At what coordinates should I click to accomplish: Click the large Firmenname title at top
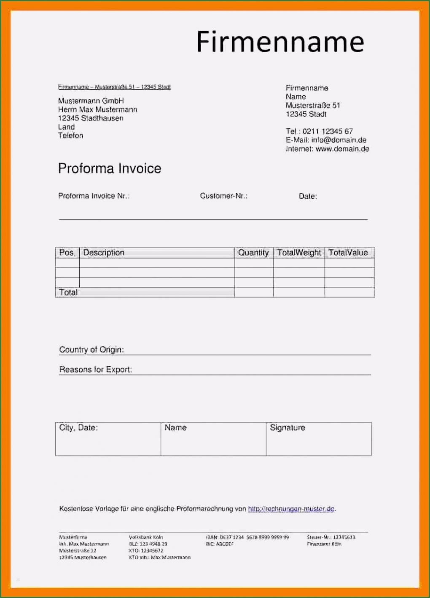pos(280,42)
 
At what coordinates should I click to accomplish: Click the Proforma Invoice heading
pos(110,168)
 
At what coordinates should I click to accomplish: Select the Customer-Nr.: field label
pos(223,196)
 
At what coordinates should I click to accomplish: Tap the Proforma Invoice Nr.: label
pos(94,196)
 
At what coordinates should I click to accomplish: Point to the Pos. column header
pos(67,253)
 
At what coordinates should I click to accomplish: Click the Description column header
pos(104,253)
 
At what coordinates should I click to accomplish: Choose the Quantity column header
pos(253,253)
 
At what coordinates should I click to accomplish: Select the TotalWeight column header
pos(299,253)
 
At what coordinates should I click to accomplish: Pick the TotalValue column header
pos(348,253)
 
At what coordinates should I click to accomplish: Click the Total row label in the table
pos(68,292)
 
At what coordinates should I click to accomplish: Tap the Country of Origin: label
pos(91,350)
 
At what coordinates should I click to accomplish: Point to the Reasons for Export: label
pos(95,369)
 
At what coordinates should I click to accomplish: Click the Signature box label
pos(288,427)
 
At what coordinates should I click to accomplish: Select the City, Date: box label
pos(78,427)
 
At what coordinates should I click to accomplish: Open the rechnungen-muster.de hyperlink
pos(291,509)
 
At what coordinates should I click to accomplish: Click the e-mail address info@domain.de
pos(339,140)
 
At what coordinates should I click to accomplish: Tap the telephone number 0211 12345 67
pos(328,131)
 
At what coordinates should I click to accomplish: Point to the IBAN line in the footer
pos(247,537)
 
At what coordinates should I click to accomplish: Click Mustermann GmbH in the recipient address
pos(91,101)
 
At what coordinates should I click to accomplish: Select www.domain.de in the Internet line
pos(342,149)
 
